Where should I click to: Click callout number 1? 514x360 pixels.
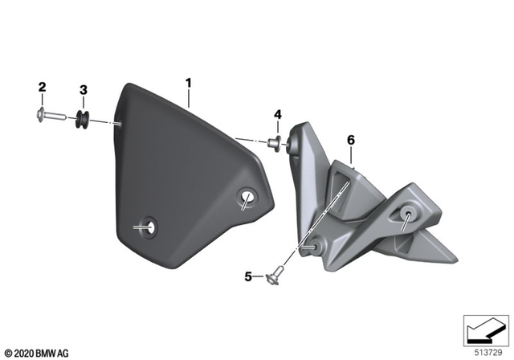click(189, 83)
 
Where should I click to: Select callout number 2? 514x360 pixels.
click(43, 87)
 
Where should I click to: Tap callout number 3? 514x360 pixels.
click(83, 89)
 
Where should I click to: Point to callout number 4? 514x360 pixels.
click(278, 115)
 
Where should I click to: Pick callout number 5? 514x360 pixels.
click(249, 277)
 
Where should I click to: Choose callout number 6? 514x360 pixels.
click(350, 140)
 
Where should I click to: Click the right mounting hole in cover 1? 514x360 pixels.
click(246, 200)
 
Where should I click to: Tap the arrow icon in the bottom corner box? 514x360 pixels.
click(483, 330)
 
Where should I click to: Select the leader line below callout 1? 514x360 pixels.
click(189, 99)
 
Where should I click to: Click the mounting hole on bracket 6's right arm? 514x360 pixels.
click(409, 213)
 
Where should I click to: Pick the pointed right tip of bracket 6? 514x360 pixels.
click(455, 259)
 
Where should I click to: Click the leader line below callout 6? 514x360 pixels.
click(351, 156)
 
